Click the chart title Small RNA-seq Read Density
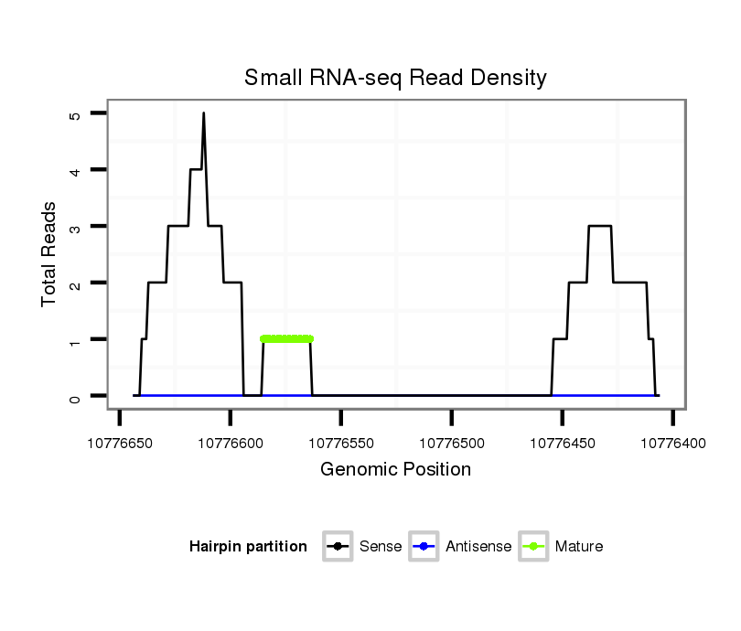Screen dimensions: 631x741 click(x=395, y=78)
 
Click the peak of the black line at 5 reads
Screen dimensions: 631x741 click(x=203, y=114)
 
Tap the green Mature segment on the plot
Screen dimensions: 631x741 click(x=286, y=338)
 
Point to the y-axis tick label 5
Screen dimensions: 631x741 click(x=75, y=114)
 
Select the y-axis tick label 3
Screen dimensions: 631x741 click(x=75, y=227)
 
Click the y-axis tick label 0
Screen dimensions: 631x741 click(x=75, y=397)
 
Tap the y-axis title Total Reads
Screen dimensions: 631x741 click(x=50, y=254)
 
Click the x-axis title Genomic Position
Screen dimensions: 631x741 click(x=395, y=470)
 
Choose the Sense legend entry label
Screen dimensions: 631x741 click(x=381, y=547)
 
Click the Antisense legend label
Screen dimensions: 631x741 click(x=478, y=547)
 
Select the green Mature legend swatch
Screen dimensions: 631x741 click(x=533, y=547)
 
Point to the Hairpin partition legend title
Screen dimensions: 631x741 click(x=248, y=547)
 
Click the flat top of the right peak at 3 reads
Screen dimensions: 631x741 click(x=599, y=226)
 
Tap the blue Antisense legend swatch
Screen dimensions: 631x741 click(x=424, y=547)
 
